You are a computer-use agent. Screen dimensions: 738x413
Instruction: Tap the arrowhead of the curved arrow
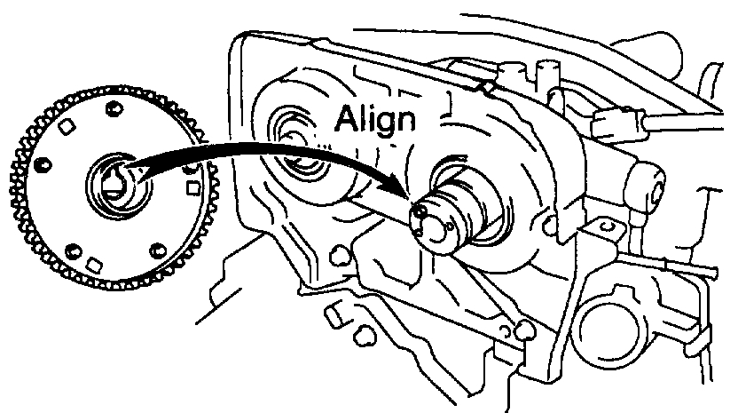click(x=398, y=195)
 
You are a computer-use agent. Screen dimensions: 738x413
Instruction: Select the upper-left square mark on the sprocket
click(x=64, y=128)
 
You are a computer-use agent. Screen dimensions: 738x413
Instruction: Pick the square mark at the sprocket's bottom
click(x=93, y=264)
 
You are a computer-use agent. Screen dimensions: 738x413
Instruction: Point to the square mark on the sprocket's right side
click(x=189, y=187)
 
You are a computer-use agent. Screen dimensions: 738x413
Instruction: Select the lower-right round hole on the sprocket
click(x=158, y=250)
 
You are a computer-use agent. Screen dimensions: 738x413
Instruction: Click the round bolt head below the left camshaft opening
click(x=337, y=256)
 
